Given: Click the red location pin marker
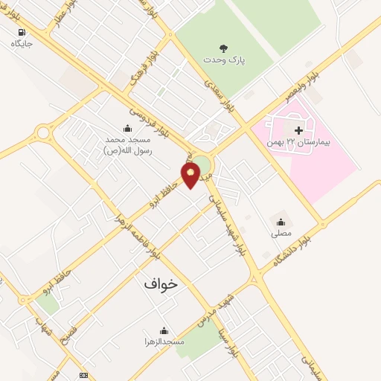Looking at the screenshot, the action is [191, 175].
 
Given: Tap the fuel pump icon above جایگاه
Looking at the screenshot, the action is [20, 32].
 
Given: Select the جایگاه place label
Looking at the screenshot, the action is [22, 44].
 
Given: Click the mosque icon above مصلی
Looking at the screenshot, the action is [281, 221].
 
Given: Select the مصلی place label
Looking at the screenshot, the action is [281, 233].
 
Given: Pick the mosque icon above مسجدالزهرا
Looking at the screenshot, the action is [164, 330].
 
